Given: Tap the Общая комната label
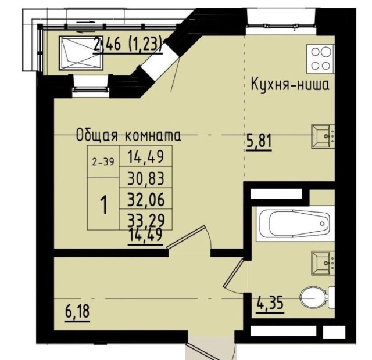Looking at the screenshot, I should click(128, 136).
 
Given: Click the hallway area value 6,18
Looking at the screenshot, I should click(78, 312).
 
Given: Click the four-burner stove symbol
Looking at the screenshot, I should click(320, 58).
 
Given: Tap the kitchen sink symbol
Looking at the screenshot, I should click(322, 135).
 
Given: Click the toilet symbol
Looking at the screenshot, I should click(313, 298).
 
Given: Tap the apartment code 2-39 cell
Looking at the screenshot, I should click(102, 162).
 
